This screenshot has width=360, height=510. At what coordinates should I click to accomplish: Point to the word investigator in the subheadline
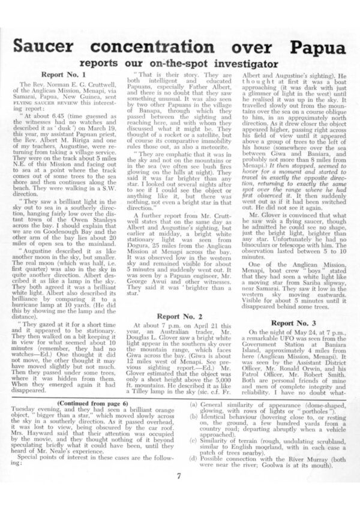coord(229,62)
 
